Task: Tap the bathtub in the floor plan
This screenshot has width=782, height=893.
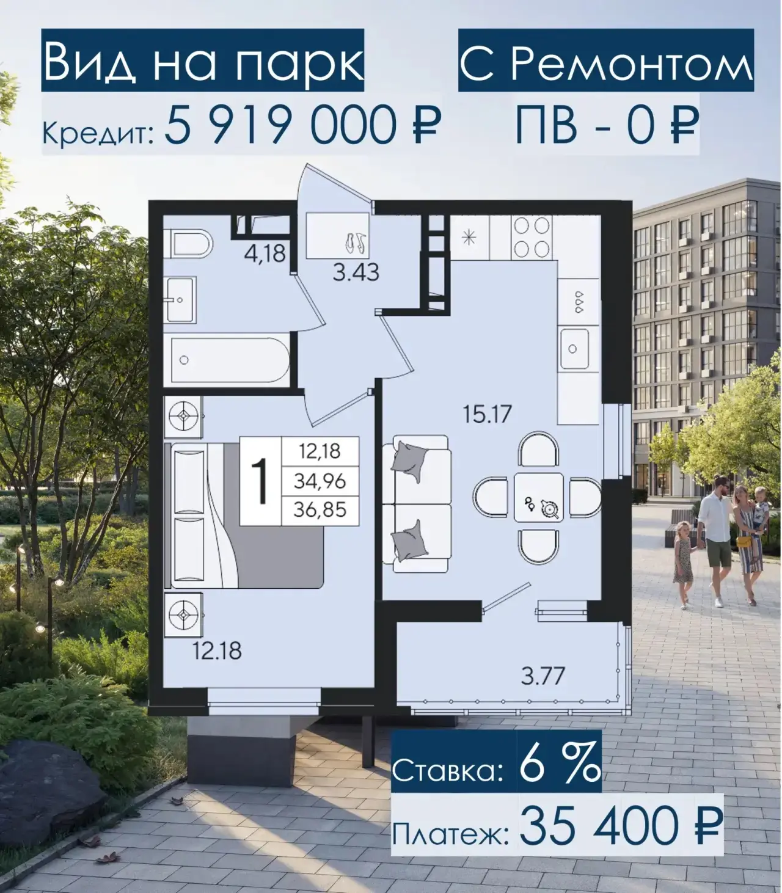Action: (230, 360)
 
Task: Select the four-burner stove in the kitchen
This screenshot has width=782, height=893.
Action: (531, 238)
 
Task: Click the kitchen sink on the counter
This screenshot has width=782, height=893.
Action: (574, 349)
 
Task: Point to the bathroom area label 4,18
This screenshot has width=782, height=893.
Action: (265, 253)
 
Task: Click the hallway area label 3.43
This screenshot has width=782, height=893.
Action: (356, 273)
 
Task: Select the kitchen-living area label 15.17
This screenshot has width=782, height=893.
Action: (487, 414)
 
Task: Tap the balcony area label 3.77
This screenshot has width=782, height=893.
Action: (543, 676)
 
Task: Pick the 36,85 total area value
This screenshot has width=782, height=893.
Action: (320, 510)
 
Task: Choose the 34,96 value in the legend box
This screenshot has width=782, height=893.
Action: (320, 481)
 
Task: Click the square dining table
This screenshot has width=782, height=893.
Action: (539, 498)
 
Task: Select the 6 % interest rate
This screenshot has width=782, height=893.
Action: (560, 766)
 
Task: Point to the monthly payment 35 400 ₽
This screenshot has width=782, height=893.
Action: (620, 827)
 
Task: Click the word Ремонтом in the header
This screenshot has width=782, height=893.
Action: (632, 63)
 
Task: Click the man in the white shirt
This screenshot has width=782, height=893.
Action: (715, 542)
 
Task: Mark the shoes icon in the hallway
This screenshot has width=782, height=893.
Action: (357, 242)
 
